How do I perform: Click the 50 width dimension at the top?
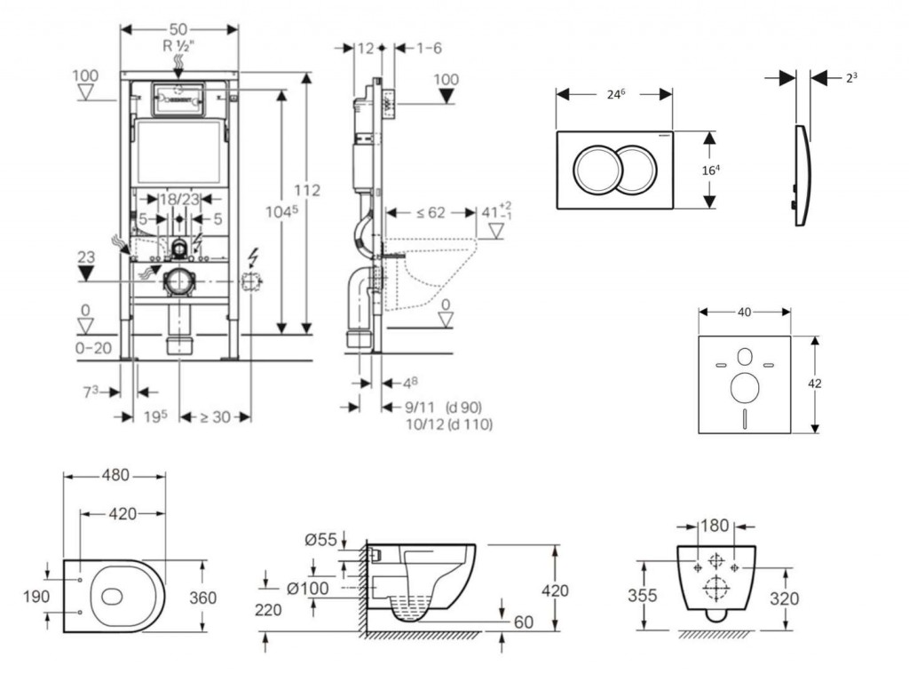180,29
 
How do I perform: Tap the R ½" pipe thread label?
179,44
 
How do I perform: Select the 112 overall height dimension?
307,190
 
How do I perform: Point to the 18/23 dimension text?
178,201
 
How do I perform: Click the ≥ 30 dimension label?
215,416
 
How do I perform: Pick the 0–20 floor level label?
93,347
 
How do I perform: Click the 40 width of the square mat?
744,312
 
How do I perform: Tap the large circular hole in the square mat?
744,387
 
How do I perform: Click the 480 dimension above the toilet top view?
114,476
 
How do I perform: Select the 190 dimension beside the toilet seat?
36,597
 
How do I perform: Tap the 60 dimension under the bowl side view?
524,622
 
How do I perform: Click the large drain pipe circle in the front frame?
179,281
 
